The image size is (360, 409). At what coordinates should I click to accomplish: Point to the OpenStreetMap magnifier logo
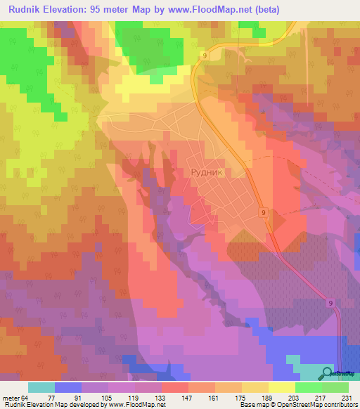coord(328,373)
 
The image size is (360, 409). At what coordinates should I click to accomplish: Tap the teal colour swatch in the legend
coord(41,388)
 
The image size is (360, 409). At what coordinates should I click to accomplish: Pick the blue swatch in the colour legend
coord(68,388)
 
